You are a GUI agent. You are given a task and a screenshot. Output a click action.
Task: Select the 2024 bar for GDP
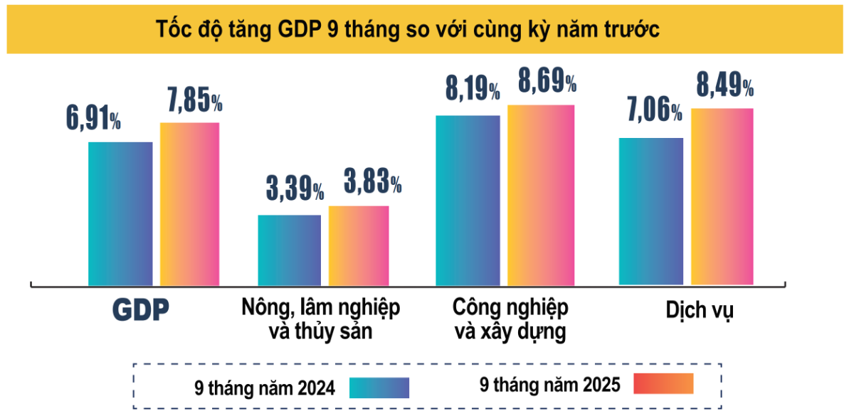pos(120,213)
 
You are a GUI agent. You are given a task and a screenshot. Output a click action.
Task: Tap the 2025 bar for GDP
pos(189,204)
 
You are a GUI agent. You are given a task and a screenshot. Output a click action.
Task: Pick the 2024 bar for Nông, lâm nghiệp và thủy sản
pos(289,250)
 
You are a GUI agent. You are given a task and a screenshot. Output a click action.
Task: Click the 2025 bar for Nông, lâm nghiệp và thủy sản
pos(359,245)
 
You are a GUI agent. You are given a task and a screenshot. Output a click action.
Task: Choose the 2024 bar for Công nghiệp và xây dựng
pos(468,200)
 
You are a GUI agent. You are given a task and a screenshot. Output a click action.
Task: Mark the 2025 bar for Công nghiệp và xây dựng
pos(541,195)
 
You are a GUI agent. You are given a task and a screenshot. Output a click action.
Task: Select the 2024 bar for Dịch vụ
pos(651,211)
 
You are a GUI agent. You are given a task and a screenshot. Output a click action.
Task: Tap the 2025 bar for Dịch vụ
pos(722,197)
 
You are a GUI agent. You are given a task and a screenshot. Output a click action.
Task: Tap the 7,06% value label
pos(653,110)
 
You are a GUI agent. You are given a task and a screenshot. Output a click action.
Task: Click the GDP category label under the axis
pos(142,310)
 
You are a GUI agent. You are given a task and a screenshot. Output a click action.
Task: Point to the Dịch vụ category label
pos(700,311)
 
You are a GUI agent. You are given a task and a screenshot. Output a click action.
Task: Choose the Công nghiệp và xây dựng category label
pos(510,319)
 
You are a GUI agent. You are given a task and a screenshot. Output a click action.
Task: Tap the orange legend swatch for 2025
pos(663,383)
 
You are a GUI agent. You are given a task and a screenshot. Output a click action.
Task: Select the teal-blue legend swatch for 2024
pos(379,388)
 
